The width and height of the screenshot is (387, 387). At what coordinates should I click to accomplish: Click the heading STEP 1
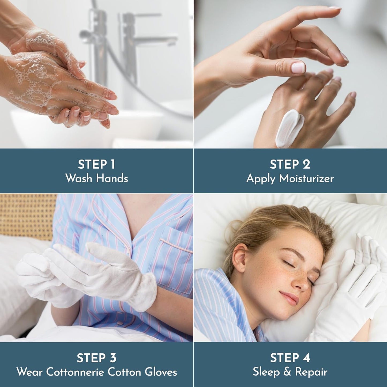click(96, 164)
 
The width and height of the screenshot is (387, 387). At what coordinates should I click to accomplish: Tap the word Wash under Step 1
click(79, 178)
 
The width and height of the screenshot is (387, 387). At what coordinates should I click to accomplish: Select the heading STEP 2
click(290, 164)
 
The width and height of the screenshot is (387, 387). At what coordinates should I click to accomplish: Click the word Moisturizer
click(306, 178)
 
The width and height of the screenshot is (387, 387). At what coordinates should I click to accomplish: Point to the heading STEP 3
click(96, 358)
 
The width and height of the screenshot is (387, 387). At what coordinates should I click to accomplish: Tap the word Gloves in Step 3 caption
click(161, 372)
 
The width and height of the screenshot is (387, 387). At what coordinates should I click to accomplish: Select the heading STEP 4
click(290, 358)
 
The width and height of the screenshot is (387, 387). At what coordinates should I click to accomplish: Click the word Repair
click(311, 372)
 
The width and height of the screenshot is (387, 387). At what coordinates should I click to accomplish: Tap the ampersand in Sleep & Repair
click(287, 372)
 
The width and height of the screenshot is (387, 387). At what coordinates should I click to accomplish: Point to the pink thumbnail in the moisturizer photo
click(298, 68)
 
